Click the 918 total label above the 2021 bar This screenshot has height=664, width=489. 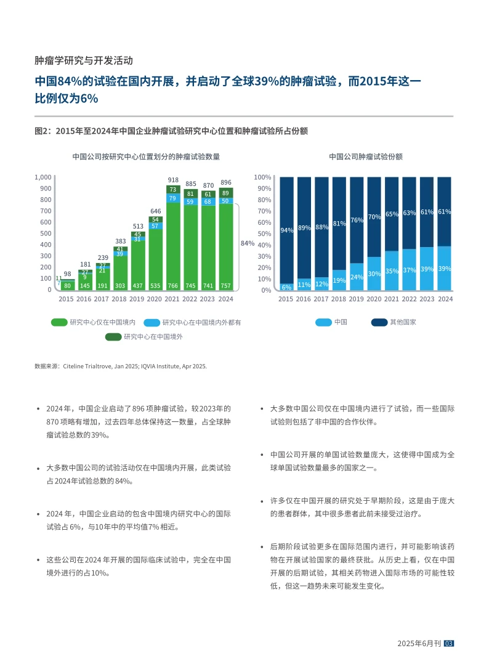click(173, 179)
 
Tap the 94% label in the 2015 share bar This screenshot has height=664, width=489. click(286, 230)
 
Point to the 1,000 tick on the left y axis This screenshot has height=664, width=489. click(43, 177)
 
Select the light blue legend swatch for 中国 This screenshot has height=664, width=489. click(323, 322)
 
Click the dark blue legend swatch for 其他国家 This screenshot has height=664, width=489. click(379, 322)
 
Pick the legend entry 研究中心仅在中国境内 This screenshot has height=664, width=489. click(102, 322)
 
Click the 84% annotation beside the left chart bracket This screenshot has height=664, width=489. click(247, 243)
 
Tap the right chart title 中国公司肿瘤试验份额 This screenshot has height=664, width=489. click(366, 156)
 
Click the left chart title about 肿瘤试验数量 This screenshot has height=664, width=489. click(146, 156)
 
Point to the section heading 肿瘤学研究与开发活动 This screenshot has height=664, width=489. click(84, 60)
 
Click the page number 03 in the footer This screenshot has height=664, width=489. click(448, 643)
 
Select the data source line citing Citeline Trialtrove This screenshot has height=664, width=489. click(121, 366)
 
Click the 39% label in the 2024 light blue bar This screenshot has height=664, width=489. click(445, 269)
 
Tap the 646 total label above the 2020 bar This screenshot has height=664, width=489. click(156, 211)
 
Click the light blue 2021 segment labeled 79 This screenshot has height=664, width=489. click(173, 198)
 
